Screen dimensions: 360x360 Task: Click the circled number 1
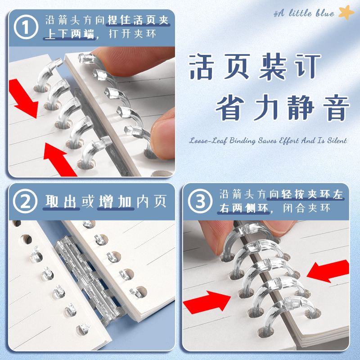(x=27, y=27)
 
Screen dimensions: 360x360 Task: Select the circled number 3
(x=201, y=201)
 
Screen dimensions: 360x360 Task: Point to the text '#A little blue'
(x=304, y=14)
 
